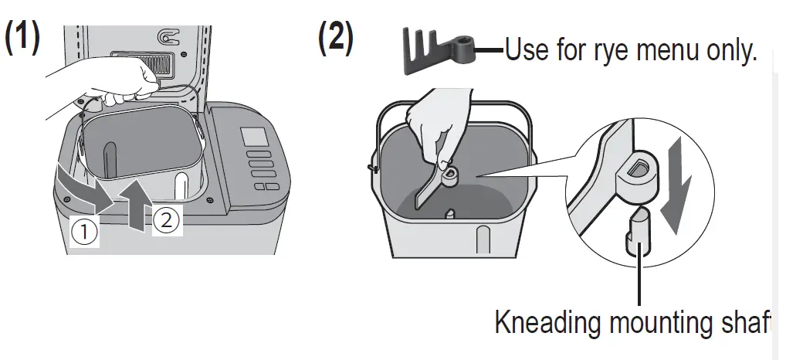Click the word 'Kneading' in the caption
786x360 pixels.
pyautogui.click(x=548, y=323)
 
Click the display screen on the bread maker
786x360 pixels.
pyautogui.click(x=253, y=137)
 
